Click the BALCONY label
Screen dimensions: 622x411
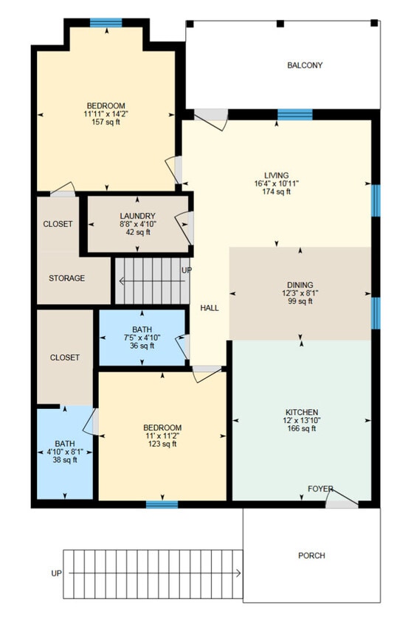click(x=305, y=66)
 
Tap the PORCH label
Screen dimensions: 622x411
click(x=311, y=556)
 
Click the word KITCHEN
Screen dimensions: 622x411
click(x=302, y=411)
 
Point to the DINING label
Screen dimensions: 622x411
click(x=300, y=285)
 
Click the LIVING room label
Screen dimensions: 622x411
click(x=277, y=175)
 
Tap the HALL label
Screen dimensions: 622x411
click(x=210, y=308)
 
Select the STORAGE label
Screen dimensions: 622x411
click(x=67, y=279)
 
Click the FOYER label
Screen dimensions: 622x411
click(x=320, y=489)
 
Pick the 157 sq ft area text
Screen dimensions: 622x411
click(x=106, y=122)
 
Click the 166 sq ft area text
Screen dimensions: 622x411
click(x=302, y=428)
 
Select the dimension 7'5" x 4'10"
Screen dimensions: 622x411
click(x=142, y=337)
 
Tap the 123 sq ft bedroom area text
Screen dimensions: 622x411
click(x=162, y=444)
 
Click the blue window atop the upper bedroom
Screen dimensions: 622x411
click(x=106, y=23)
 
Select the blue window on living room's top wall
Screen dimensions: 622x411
click(x=294, y=114)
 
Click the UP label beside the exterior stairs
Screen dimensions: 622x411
click(x=56, y=573)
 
